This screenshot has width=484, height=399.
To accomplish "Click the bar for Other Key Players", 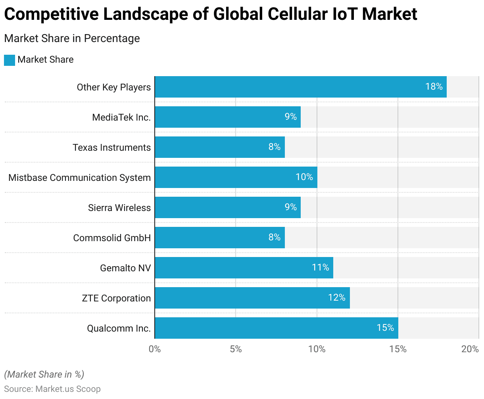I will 300,87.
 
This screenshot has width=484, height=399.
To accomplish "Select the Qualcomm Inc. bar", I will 276,328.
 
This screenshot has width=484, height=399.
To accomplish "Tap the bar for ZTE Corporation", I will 252,298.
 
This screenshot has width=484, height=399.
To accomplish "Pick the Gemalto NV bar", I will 244,268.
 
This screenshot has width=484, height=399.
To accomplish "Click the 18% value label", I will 434,86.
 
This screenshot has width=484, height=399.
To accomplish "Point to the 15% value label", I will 385,328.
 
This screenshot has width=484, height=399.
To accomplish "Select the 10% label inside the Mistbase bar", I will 304,177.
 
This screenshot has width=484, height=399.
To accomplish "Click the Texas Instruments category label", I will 112,148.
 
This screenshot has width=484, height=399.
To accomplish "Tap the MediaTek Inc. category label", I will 121,117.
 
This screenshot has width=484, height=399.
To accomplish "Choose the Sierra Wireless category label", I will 119,208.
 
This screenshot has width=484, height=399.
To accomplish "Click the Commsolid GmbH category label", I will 112,238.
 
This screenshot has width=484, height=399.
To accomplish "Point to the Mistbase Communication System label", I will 80,178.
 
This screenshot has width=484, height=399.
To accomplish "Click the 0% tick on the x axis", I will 155,349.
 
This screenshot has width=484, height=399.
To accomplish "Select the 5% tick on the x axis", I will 236,349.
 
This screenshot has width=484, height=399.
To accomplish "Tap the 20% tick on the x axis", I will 470,349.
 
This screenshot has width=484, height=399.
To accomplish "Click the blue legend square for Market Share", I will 10,60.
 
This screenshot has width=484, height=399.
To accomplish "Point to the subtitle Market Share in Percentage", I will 72,38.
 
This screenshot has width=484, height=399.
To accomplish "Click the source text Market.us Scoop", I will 68,389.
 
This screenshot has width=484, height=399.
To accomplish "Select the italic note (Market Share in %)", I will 44,374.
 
